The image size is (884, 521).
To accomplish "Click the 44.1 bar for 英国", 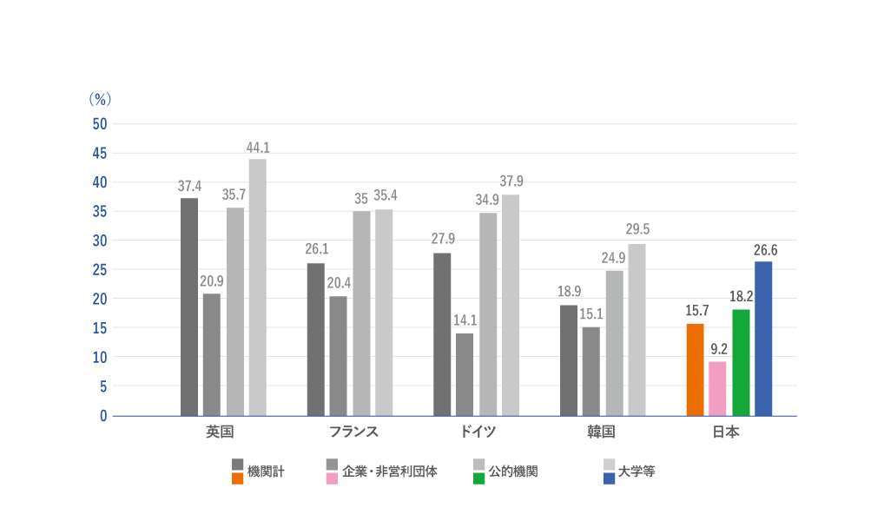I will pyautogui.click(x=258, y=287).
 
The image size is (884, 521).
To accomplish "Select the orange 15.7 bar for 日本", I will pyautogui.click(x=695, y=370).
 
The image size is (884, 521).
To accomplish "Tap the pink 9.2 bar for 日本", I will pyautogui.click(x=717, y=389).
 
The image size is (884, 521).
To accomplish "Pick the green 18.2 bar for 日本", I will pyautogui.click(x=741, y=363).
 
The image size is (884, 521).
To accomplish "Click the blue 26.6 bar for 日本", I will pyautogui.click(x=763, y=339).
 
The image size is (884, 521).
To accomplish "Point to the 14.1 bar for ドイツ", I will pyautogui.click(x=465, y=374).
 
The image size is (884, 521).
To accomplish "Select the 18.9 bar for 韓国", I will pyautogui.click(x=568, y=360).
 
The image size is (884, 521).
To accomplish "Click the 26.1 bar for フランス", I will pyautogui.click(x=316, y=340).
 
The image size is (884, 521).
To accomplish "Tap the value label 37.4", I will pyautogui.click(x=189, y=186).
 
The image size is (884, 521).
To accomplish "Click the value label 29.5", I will pyautogui.click(x=637, y=231).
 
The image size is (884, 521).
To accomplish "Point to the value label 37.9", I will pyautogui.click(x=511, y=181).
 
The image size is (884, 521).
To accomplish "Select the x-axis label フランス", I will pyautogui.click(x=353, y=432).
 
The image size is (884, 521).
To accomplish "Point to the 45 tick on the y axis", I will pyautogui.click(x=99, y=153).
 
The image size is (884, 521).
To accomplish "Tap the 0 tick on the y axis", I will pyautogui.click(x=103, y=415).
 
